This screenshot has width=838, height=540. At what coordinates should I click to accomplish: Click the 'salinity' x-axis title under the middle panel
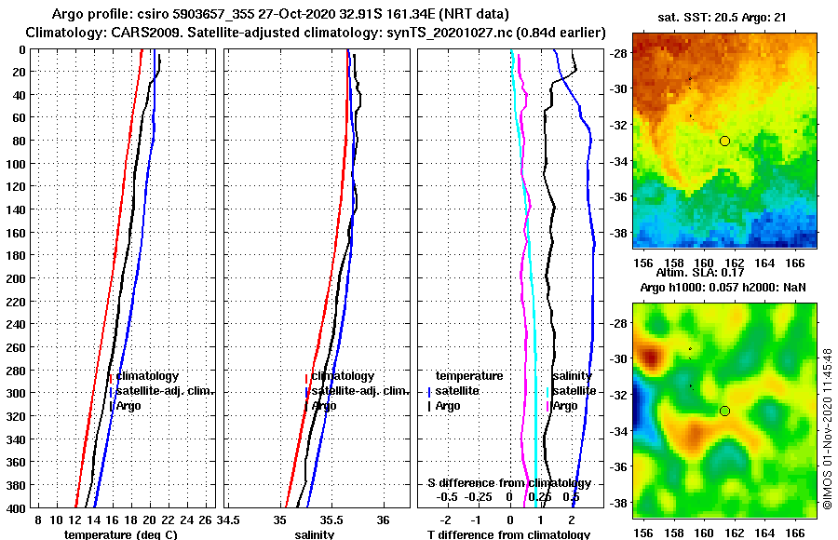point(314,534)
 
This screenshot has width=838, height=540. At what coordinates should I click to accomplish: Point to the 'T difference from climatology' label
point(507,534)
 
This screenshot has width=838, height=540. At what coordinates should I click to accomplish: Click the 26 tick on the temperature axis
point(207,518)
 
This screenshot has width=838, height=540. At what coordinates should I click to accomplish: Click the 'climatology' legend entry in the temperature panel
point(146,375)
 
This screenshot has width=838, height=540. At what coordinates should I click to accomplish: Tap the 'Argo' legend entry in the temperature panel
point(128,405)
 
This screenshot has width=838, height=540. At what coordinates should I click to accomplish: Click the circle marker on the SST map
point(724,141)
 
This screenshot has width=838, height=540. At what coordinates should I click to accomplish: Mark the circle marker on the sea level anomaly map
point(724,411)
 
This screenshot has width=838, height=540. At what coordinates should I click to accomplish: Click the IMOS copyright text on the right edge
point(827,428)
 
